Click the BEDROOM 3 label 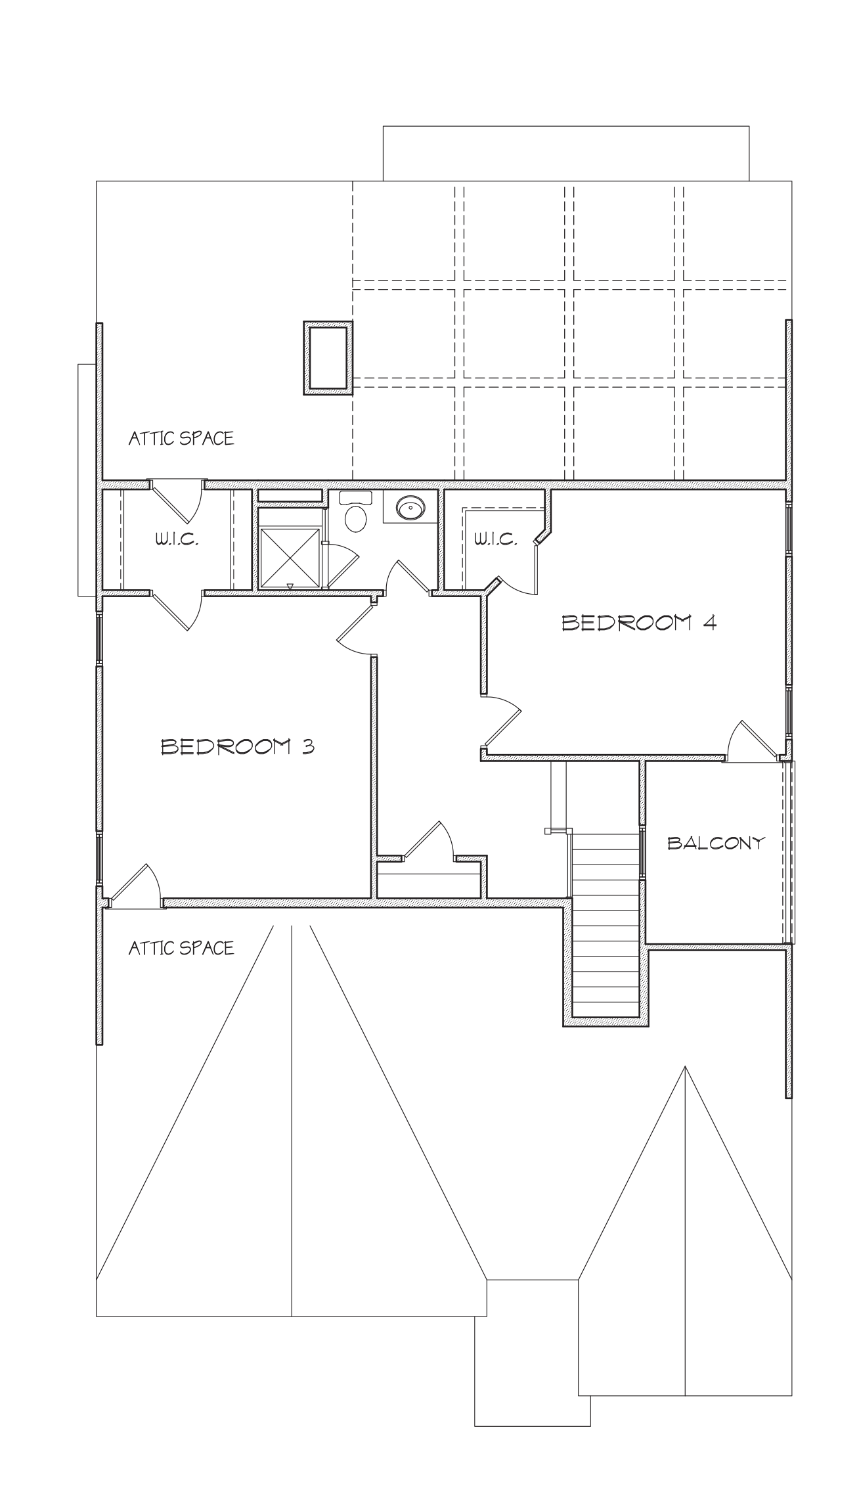pos(237,747)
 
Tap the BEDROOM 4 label pos(638,622)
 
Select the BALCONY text pos(716,843)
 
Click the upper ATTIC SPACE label pos(181,438)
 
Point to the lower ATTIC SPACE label pos(181,948)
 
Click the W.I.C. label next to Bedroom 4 pos(495,539)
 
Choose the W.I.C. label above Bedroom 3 pos(176,539)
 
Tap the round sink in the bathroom pos(411,507)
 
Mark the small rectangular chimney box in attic pos(328,358)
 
